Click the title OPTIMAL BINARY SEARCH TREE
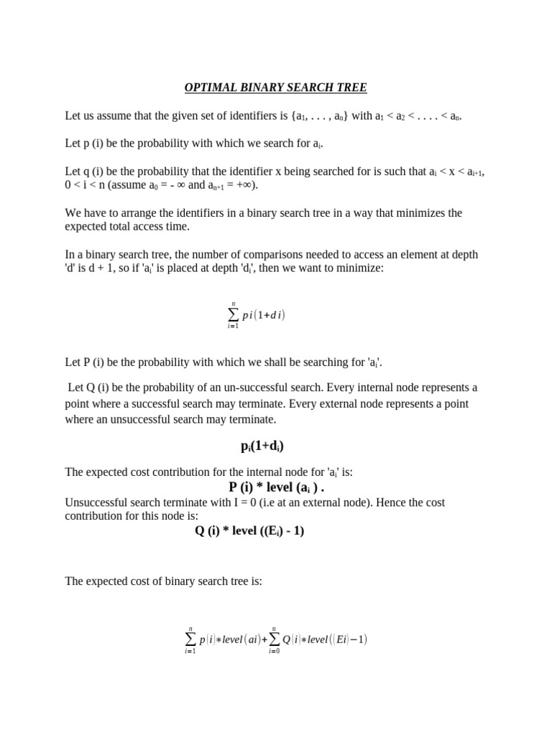pyautogui.click(x=275, y=88)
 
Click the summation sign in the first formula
pyautogui.click(x=232, y=315)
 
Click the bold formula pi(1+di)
pyautogui.click(x=262, y=446)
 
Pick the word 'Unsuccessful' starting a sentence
pyautogui.click(x=96, y=502)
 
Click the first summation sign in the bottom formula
pyautogui.click(x=190, y=639)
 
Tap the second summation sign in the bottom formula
pyautogui.click(x=274, y=639)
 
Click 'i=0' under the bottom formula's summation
pyautogui.click(x=274, y=652)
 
